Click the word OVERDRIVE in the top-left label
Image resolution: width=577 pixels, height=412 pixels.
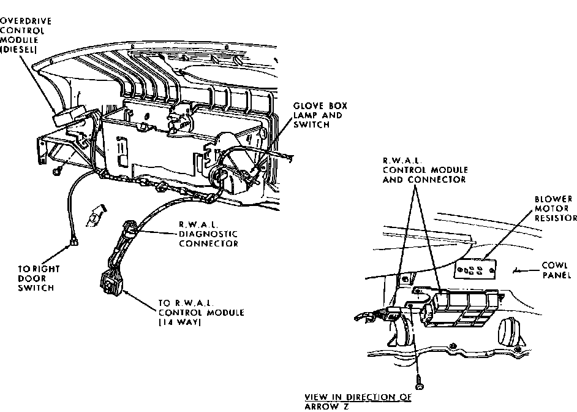25,20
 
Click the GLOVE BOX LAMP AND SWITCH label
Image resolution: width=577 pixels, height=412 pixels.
317,115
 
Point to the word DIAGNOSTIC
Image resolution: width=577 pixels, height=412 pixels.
208,233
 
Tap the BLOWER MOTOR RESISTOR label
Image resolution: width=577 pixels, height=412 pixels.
554,208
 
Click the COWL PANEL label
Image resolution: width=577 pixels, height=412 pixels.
557,271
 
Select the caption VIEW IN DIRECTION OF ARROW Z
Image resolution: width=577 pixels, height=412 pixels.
358,401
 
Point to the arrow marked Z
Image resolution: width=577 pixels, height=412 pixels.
96,215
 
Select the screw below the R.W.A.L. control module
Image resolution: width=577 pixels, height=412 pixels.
420,385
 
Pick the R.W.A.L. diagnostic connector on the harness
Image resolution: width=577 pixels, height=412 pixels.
130,232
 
